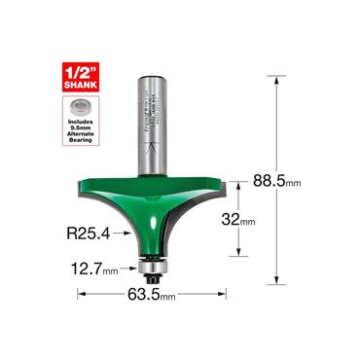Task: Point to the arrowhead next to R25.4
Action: point(125,233)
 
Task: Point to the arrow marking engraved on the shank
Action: point(152,148)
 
